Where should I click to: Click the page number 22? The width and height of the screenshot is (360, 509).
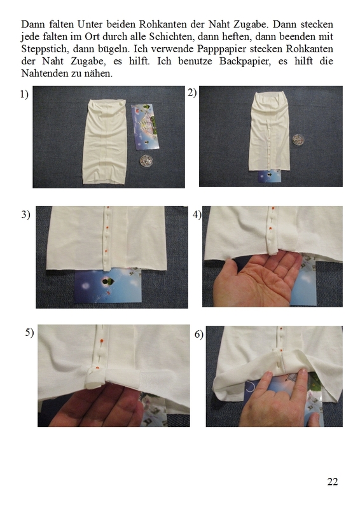point(333,482)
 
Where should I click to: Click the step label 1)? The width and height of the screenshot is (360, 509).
point(24,94)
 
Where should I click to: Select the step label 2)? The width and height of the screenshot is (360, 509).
point(192,92)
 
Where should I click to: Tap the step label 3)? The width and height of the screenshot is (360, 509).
point(25,214)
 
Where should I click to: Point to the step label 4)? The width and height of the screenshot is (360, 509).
point(197,214)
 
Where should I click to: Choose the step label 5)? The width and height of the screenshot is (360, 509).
point(29,332)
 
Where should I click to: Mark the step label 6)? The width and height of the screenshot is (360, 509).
point(199,334)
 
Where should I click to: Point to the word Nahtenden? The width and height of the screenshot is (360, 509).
point(41,73)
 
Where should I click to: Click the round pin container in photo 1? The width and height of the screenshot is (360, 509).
point(146,161)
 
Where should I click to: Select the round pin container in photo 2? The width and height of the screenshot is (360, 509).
point(297,139)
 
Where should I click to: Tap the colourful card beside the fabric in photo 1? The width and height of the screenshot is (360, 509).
point(145,127)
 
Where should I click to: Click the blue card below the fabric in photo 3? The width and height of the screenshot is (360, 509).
point(108,285)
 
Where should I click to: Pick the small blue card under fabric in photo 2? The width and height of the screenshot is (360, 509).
point(270,176)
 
